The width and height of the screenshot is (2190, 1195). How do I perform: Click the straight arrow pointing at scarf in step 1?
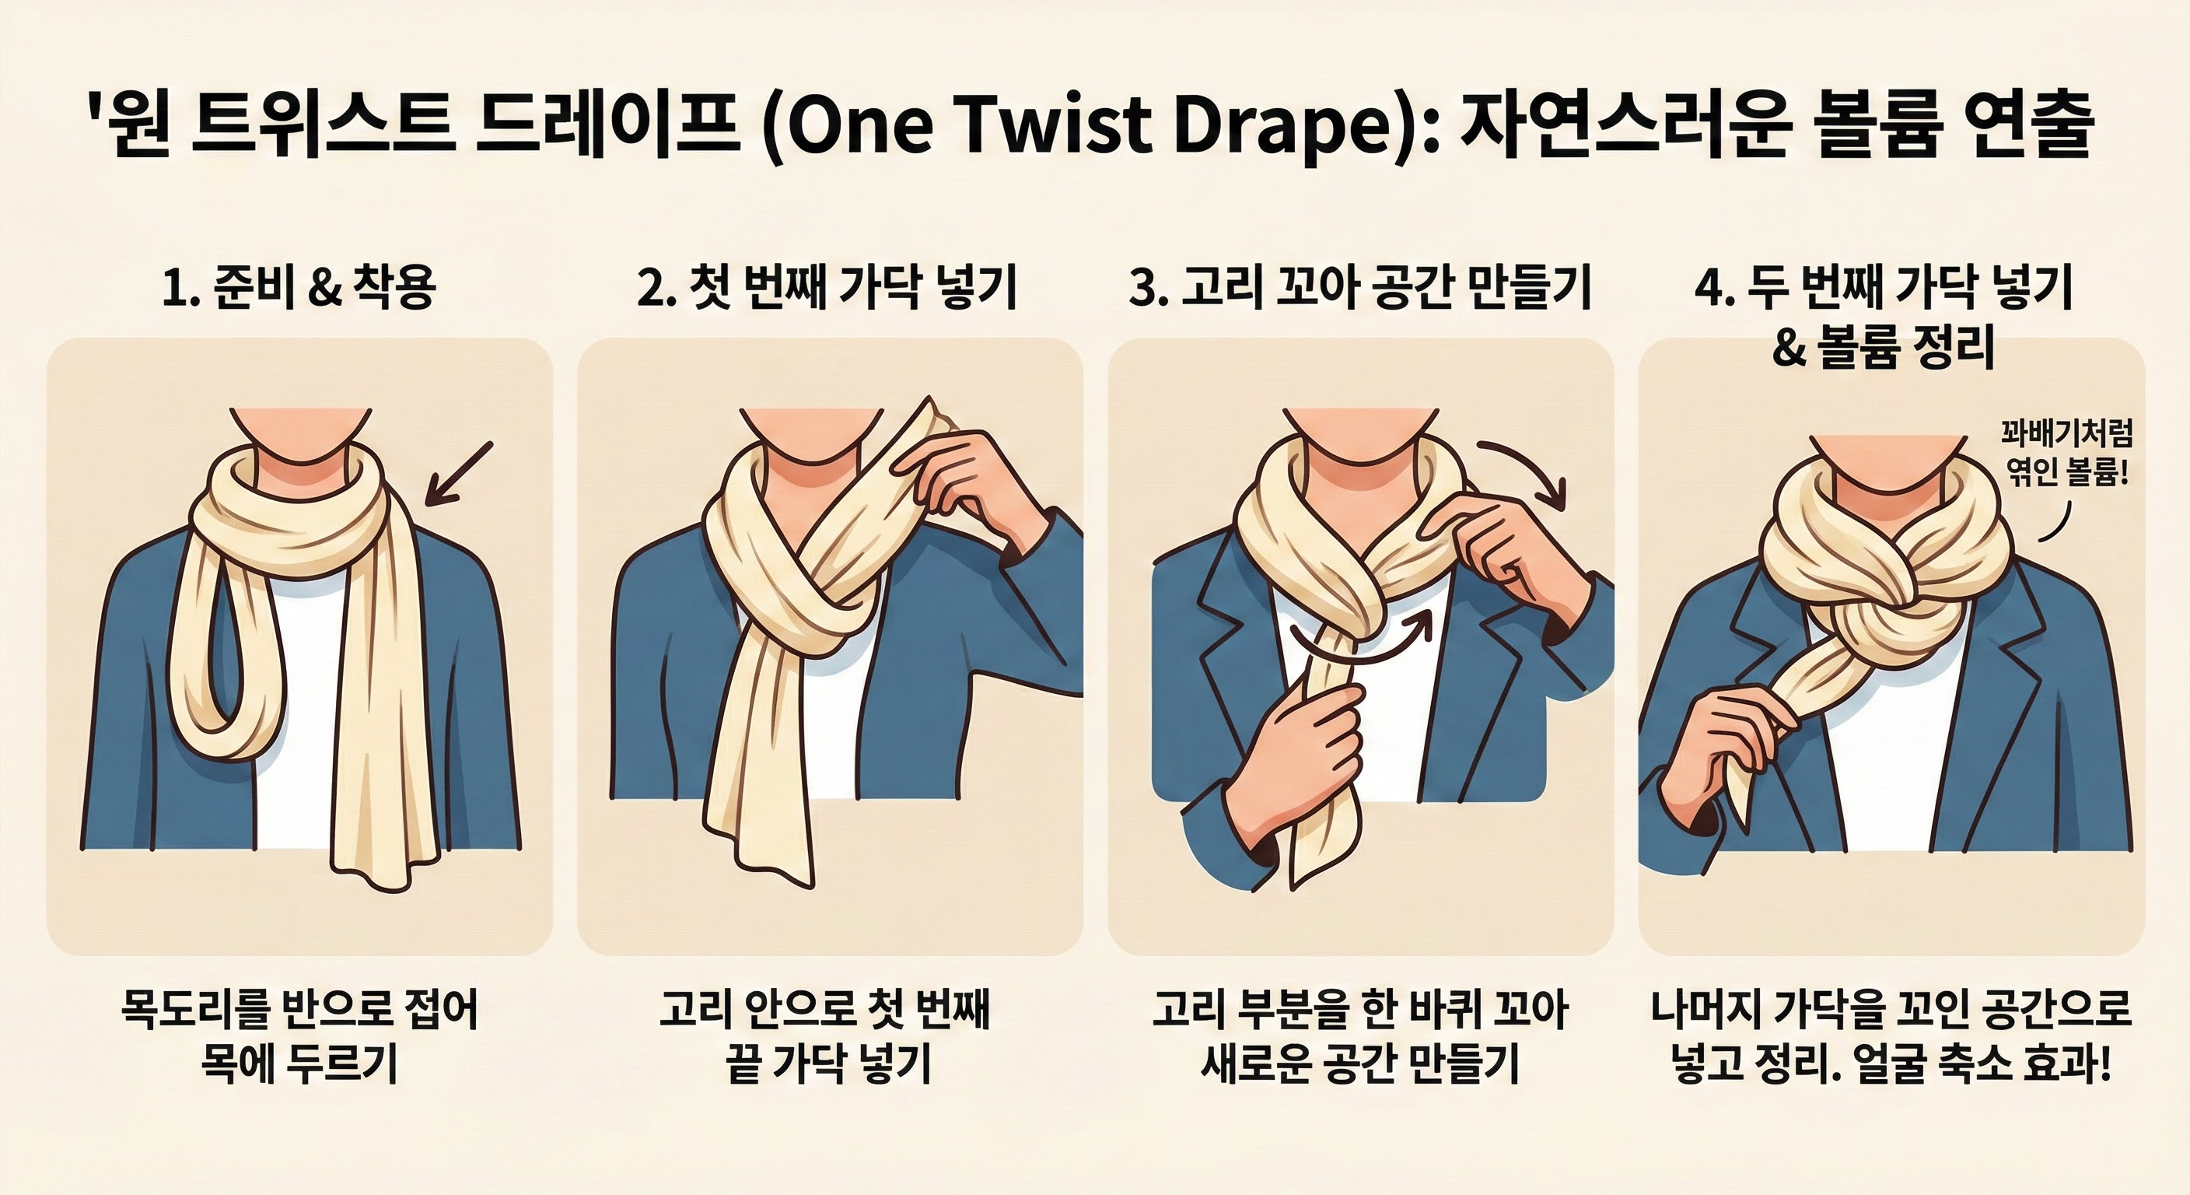tap(459, 473)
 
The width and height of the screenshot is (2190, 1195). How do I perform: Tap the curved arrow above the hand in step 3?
tap(1526, 471)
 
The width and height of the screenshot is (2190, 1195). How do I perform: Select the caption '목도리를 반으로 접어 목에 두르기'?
tap(299, 1035)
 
